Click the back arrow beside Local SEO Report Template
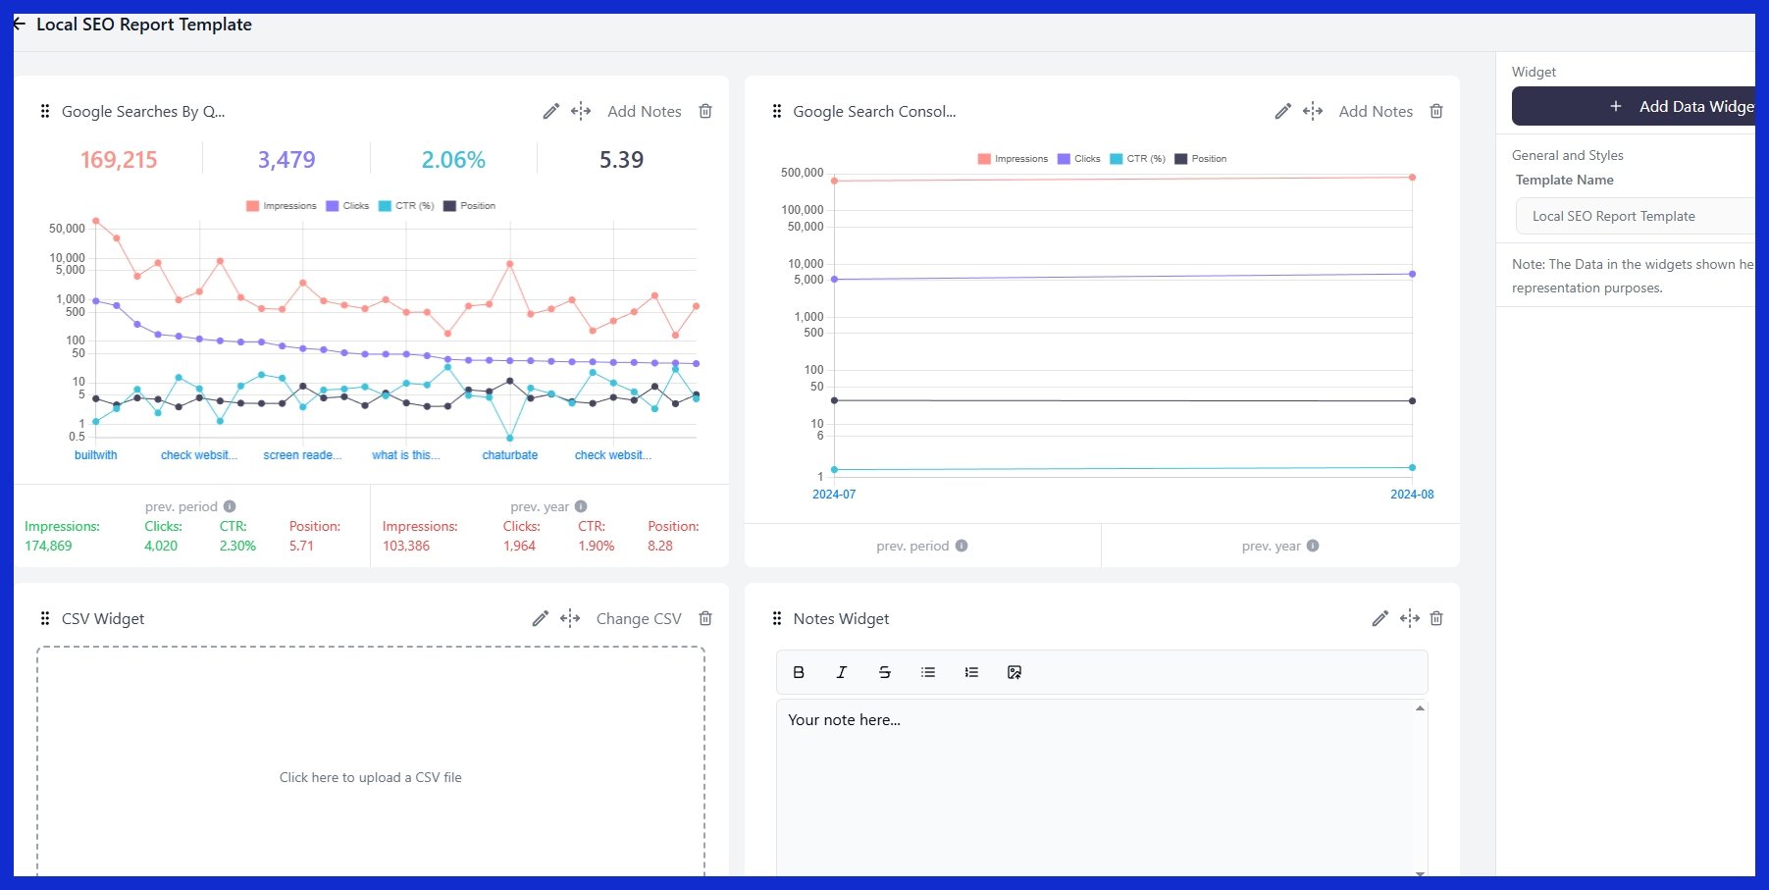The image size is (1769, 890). (20, 25)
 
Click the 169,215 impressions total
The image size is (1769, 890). (119, 160)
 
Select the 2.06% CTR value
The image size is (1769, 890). (453, 160)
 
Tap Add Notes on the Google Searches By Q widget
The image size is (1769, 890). (644, 112)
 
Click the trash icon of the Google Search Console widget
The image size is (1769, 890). (1436, 112)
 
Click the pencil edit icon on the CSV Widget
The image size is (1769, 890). (540, 619)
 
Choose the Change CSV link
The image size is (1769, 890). (638, 619)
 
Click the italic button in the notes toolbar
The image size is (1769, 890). (841, 672)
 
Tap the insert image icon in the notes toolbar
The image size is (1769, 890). (1015, 672)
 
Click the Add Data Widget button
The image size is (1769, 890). (1634, 106)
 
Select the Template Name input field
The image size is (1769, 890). (1634, 216)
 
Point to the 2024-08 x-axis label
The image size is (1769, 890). (1411, 495)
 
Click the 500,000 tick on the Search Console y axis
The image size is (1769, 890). (802, 173)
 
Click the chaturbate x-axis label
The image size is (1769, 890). (509, 455)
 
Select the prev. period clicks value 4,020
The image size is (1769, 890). (161, 547)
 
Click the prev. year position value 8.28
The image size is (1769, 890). (659, 547)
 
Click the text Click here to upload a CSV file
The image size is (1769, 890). (370, 777)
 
